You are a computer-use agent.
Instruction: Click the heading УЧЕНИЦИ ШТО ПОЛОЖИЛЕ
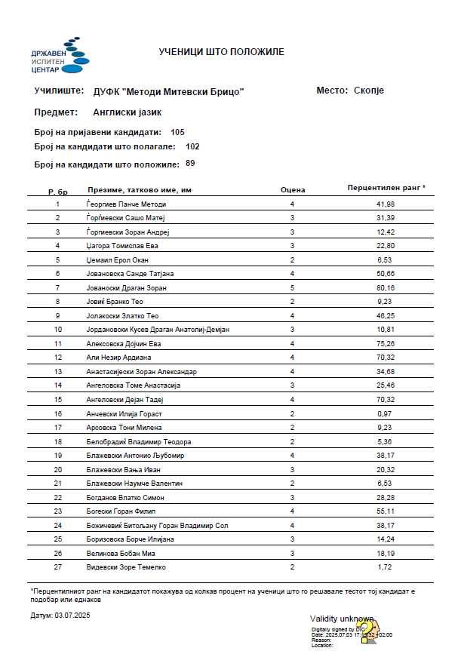click(221, 52)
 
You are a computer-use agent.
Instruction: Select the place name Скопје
click(369, 91)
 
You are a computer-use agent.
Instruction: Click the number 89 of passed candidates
click(190, 163)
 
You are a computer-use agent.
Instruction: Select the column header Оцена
click(292, 190)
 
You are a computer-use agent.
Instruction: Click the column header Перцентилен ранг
click(386, 187)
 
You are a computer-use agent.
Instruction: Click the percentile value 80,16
click(385, 288)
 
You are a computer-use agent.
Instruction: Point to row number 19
click(58, 456)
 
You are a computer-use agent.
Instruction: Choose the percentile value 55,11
click(385, 511)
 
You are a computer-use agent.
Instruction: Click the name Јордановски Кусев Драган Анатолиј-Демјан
click(158, 330)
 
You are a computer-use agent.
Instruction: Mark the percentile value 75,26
click(385, 343)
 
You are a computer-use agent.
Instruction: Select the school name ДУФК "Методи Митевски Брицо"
click(169, 92)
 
